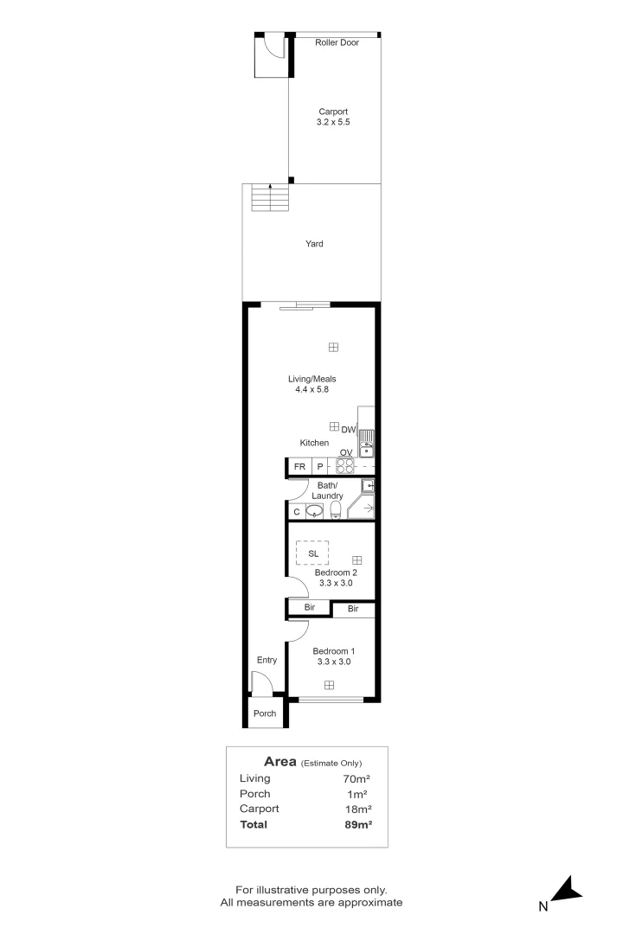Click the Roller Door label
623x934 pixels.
pos(337,42)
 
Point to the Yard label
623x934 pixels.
pos(314,244)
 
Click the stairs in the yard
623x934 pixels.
pos(270,199)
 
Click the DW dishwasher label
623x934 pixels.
pos(349,430)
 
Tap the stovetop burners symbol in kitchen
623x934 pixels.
pos(345,467)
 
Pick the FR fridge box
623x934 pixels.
pos(299,467)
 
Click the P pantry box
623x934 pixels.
pos(319,467)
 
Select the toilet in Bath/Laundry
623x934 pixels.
pos(337,509)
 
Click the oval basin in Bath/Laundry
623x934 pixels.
pos(316,511)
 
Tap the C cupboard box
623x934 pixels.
pos(296,512)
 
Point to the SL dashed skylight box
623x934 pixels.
pos(313,553)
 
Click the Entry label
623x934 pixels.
pos(267,660)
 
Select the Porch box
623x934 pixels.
pos(265,713)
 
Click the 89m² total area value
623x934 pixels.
pos(358,825)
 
